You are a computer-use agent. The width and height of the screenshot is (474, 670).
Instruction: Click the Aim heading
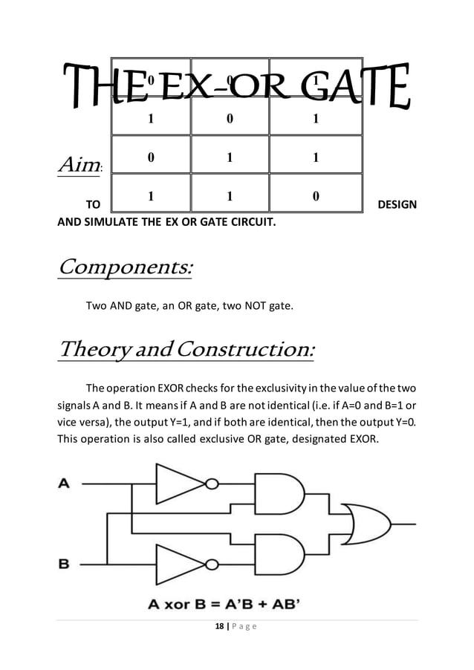79,160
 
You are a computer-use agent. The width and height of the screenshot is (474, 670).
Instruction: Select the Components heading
125,267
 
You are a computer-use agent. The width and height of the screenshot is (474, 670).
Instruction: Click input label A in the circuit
64,484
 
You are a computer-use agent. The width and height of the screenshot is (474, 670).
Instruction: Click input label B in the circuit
64,563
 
